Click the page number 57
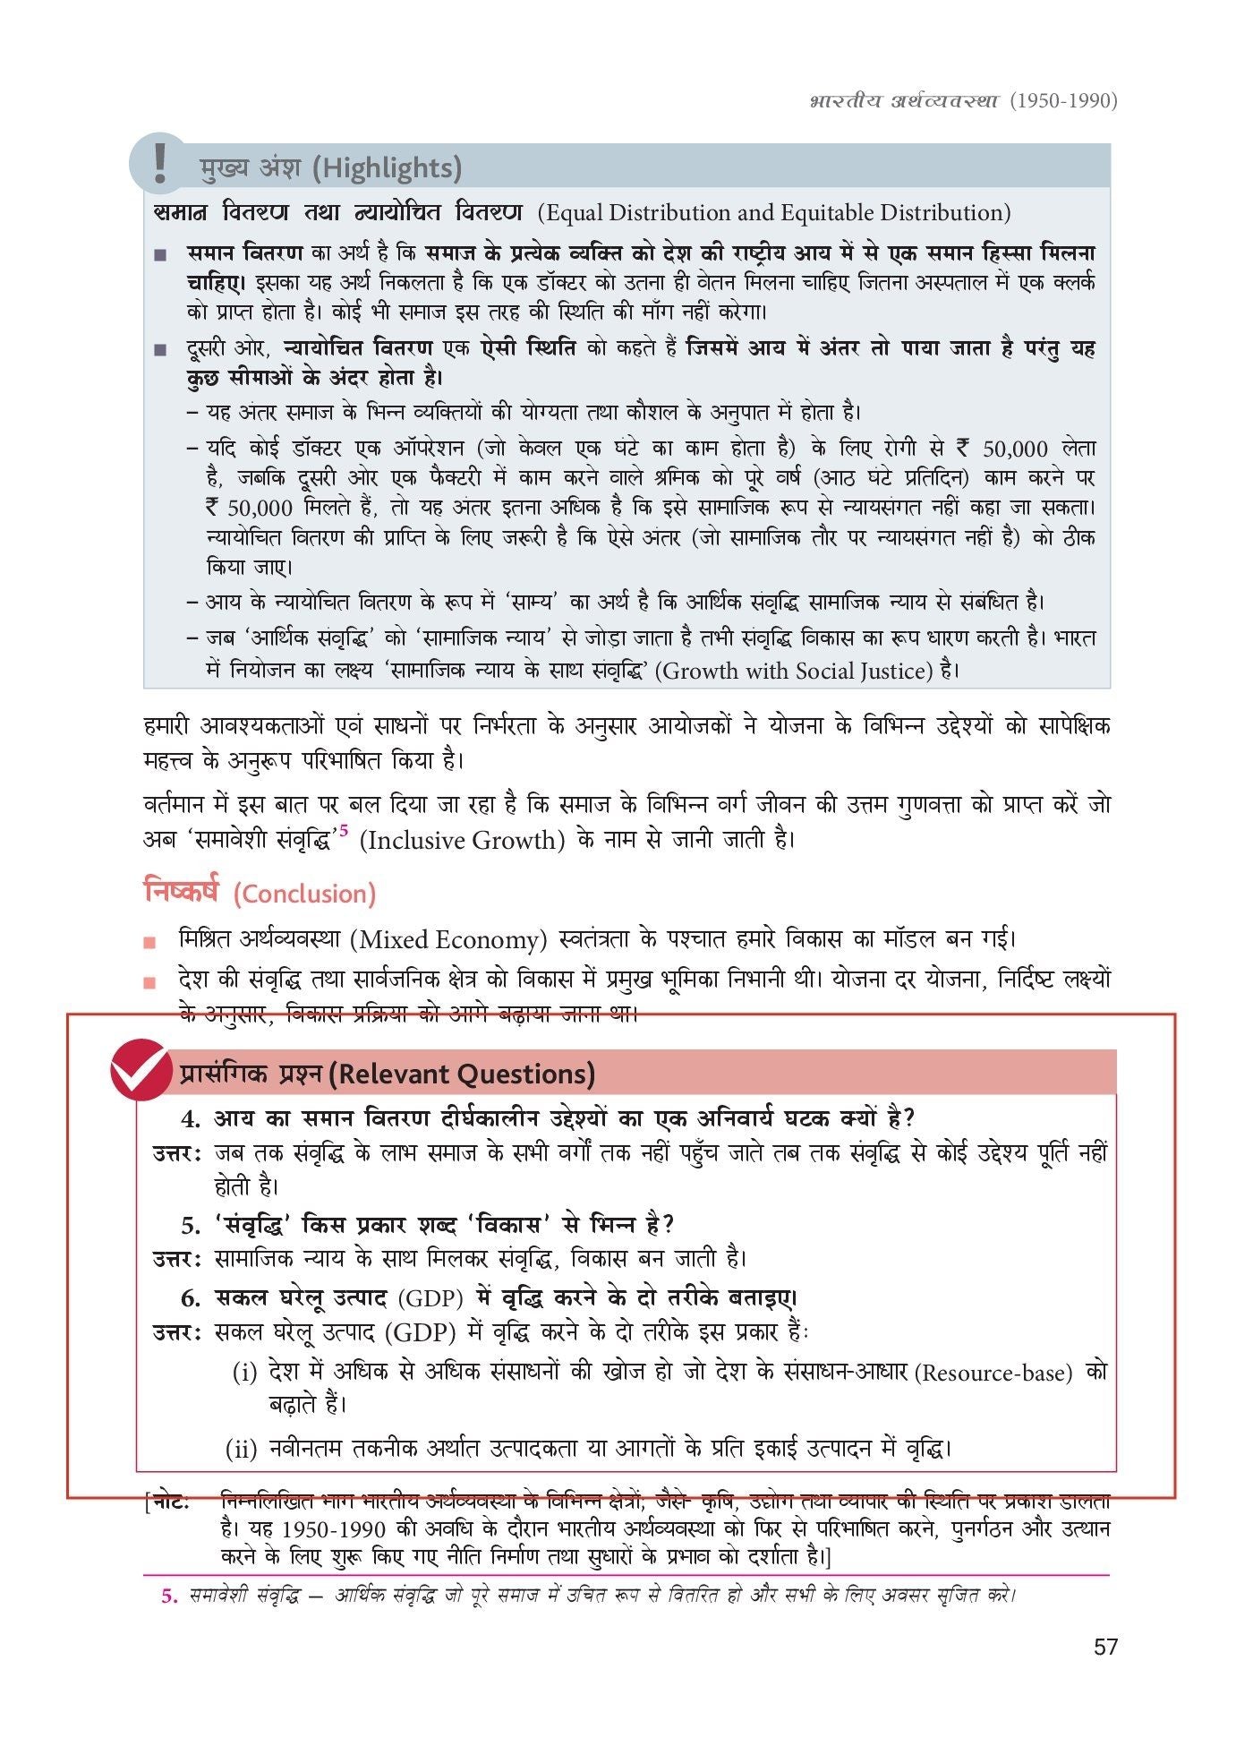(x=1105, y=1647)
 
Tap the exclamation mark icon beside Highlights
(x=160, y=164)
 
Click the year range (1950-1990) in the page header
(x=1063, y=99)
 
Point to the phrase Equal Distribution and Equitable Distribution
(x=774, y=213)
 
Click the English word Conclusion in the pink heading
(x=304, y=894)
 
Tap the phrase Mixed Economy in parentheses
(x=447, y=940)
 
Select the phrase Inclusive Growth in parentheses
(x=462, y=841)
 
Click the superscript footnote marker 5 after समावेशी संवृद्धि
(x=344, y=831)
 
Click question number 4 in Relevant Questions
(x=191, y=1118)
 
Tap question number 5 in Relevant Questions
(x=191, y=1225)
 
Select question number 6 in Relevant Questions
(x=191, y=1298)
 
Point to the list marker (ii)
(x=241, y=1449)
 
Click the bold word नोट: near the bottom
(x=171, y=1502)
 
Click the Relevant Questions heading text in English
(x=461, y=1074)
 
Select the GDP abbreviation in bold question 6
(x=430, y=1298)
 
